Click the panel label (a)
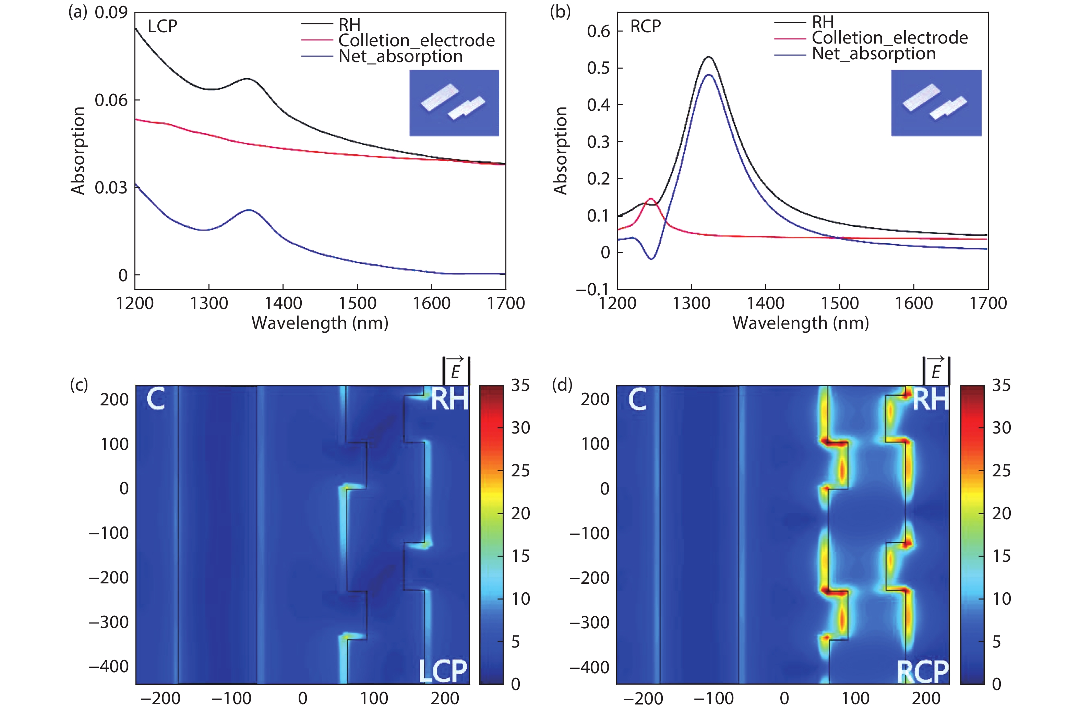[77, 12]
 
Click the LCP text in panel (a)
[162, 26]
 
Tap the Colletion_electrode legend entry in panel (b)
[889, 38]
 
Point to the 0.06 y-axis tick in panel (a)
[111, 100]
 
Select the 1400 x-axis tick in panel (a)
[283, 303]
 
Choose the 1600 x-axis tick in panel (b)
[913, 303]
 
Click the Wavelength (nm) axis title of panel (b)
[801, 323]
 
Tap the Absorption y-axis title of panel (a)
[78, 151]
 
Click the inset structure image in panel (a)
[454, 103]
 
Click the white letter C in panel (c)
[156, 400]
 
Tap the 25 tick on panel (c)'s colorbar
[520, 470]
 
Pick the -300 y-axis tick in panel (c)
[109, 622]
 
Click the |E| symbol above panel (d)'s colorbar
[936, 370]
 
